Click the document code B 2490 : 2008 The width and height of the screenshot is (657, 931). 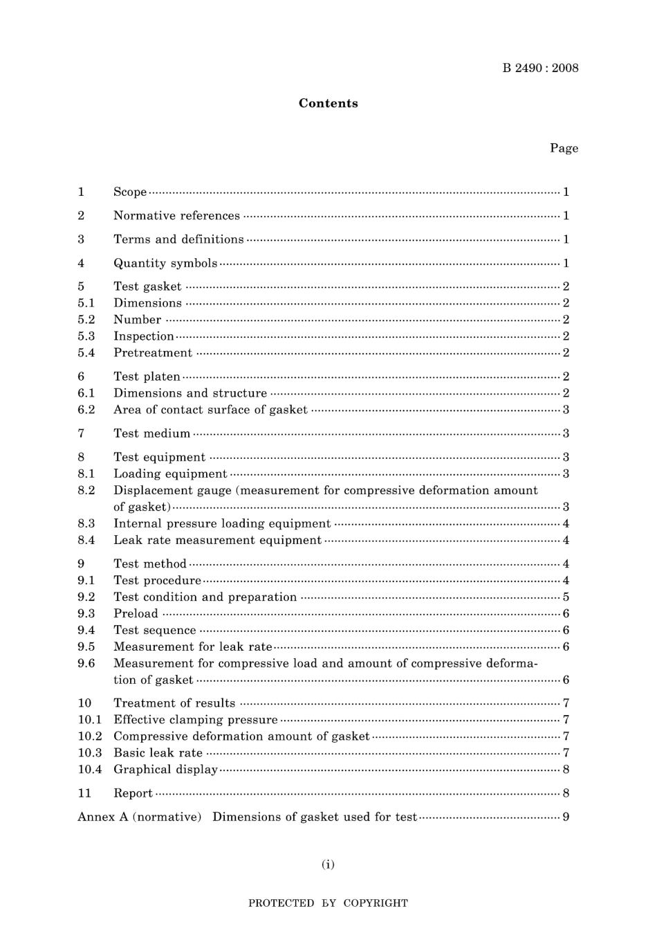pos(540,68)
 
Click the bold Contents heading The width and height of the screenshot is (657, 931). pos(328,103)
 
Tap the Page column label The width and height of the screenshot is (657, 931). pos(564,148)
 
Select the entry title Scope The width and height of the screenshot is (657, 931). pos(130,192)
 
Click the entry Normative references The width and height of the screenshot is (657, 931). pos(176,216)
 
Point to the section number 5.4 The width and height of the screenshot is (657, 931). pos(86,353)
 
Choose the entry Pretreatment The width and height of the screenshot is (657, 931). pos(153,353)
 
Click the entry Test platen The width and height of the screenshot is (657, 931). pos(147,377)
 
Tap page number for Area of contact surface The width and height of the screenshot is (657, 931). pos(566,410)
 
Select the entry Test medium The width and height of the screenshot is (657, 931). pos(151,433)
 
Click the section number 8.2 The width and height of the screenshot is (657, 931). pos(86,490)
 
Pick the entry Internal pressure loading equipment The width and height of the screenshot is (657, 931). pos(222,523)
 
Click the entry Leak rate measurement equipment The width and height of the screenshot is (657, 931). pos(217,540)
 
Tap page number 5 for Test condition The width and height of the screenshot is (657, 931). pos(566,597)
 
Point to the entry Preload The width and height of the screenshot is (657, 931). pos(136,613)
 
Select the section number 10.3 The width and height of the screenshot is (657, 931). pos(89,752)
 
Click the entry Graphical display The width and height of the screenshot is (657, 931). pos(165,769)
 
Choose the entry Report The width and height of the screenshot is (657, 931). pos(133,793)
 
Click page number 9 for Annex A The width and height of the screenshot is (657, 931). pos(566,817)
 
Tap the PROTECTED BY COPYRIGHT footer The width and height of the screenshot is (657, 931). pos(328,903)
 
